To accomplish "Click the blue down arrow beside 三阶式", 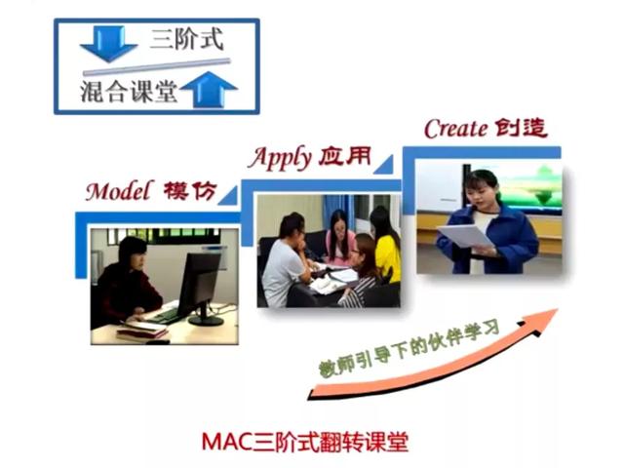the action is [x=108, y=44].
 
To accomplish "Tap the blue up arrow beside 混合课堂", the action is [x=209, y=90].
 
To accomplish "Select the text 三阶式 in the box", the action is [x=186, y=39].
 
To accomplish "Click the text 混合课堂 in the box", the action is [x=129, y=92].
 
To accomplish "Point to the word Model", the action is [x=119, y=191].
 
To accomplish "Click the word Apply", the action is [x=280, y=158].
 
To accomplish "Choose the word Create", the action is [x=455, y=129].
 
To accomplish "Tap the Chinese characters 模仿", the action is [x=190, y=191].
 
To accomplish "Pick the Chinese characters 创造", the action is [x=521, y=128].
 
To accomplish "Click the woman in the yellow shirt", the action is [x=386, y=244].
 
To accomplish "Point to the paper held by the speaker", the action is [x=466, y=236].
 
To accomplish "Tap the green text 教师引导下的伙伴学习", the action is [x=409, y=348].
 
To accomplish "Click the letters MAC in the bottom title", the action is [x=227, y=442].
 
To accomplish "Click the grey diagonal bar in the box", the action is [x=157, y=67].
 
